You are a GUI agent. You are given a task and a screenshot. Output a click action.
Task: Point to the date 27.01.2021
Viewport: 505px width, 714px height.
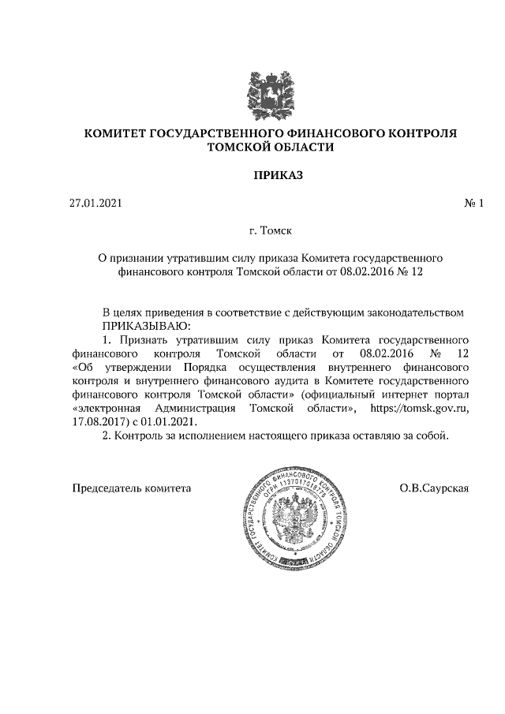[x=96, y=204]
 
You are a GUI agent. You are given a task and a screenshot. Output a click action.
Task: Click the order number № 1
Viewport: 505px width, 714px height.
[x=473, y=204]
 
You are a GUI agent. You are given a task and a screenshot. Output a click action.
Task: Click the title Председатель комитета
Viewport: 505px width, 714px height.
[x=132, y=488]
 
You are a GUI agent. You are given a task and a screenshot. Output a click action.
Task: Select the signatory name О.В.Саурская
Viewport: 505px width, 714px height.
[x=435, y=488]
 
